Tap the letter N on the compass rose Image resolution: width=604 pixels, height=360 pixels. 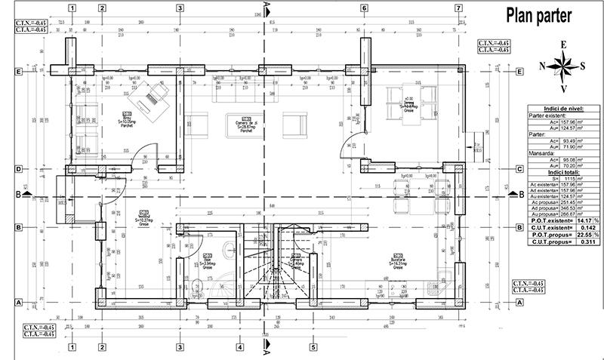(x=543, y=66)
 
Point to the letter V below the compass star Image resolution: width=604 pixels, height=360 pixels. (x=563, y=89)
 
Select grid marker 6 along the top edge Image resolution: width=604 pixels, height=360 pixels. (x=364, y=8)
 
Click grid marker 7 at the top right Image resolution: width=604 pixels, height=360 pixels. (x=458, y=8)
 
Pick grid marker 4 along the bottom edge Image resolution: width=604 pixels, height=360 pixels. (x=239, y=348)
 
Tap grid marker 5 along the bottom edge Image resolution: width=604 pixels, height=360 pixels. (x=312, y=348)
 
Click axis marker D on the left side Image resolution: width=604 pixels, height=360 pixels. (x=17, y=170)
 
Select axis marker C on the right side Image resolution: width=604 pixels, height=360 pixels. (x=519, y=170)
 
